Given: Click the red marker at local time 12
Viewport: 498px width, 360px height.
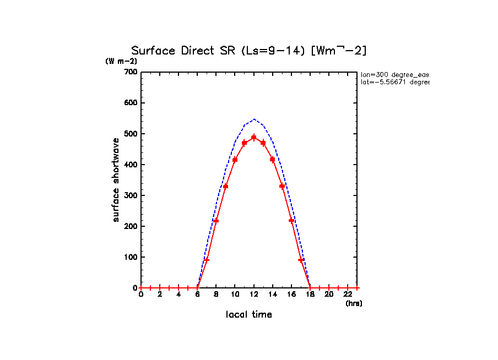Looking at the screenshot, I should pyautogui.click(x=254, y=137).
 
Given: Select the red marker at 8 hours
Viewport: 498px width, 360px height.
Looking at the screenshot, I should pyautogui.click(x=216, y=221).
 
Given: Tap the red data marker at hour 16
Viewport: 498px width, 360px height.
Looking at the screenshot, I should pyautogui.click(x=291, y=220).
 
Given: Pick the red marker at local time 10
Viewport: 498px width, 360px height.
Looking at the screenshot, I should pyautogui.click(x=235, y=160).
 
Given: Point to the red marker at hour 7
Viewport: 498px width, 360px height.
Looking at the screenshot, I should pyautogui.click(x=207, y=259).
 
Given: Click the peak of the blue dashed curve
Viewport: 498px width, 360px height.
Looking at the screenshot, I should pyautogui.click(x=254, y=119).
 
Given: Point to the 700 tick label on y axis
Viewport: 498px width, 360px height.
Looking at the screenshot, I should pyautogui.click(x=131, y=72).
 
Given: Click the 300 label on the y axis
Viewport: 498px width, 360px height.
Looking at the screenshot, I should pyautogui.click(x=131, y=195).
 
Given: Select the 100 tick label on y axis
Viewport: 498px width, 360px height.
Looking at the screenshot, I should pyautogui.click(x=131, y=257).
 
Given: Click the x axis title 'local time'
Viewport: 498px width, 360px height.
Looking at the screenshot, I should pyautogui.click(x=249, y=315).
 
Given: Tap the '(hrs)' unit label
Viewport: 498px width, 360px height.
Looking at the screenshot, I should pyautogui.click(x=354, y=303).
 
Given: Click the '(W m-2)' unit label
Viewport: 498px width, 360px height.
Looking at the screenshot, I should pyautogui.click(x=121, y=61).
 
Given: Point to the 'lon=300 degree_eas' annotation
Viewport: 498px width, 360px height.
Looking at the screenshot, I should pyautogui.click(x=394, y=74).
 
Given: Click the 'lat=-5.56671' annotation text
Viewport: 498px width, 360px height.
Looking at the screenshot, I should pyautogui.click(x=394, y=82).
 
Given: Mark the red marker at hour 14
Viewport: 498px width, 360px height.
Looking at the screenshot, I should pyautogui.click(x=273, y=160).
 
